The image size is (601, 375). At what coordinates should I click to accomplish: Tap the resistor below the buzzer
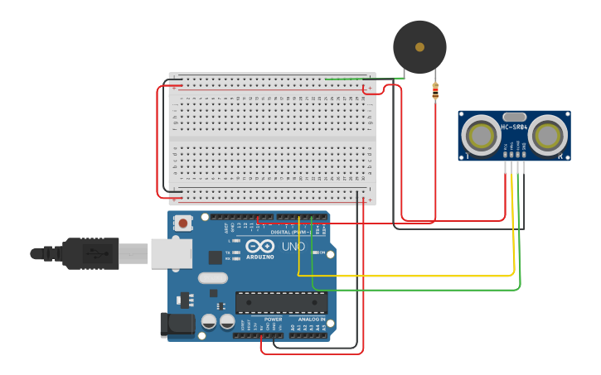435,91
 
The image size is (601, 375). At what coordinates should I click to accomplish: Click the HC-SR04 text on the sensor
514,127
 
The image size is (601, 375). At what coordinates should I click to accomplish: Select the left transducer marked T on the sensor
480,134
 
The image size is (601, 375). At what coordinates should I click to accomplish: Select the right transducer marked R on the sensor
548,134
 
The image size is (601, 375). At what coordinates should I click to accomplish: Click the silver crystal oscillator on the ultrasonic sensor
514,117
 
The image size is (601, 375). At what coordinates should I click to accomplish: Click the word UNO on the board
294,247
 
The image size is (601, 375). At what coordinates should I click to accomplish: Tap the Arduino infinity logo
259,246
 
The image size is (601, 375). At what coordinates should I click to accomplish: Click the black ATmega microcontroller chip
281,302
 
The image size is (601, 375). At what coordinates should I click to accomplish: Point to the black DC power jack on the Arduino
177,325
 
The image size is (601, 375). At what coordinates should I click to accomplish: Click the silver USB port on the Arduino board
171,253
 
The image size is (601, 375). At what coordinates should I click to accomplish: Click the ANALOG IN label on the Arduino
312,319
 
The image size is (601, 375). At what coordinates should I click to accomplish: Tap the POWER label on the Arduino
273,319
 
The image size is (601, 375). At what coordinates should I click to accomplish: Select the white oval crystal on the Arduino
213,278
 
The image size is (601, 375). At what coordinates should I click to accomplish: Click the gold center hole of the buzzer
419,47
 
